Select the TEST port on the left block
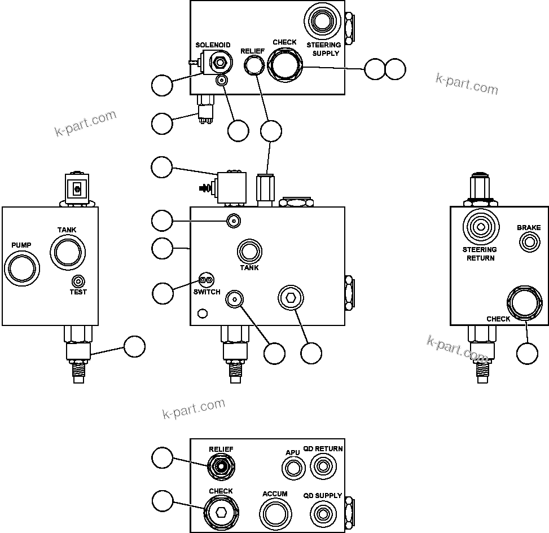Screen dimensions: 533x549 78,281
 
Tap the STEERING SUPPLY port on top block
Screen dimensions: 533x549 323,22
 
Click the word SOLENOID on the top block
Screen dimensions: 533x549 213,45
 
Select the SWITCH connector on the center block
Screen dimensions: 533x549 206,280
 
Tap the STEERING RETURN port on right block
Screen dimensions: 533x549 480,227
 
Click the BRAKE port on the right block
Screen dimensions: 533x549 529,243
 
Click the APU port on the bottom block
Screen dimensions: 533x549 292,468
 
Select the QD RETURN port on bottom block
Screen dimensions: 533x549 323,466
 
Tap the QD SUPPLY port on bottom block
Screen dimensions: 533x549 323,513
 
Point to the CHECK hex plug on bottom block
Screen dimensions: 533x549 221,512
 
